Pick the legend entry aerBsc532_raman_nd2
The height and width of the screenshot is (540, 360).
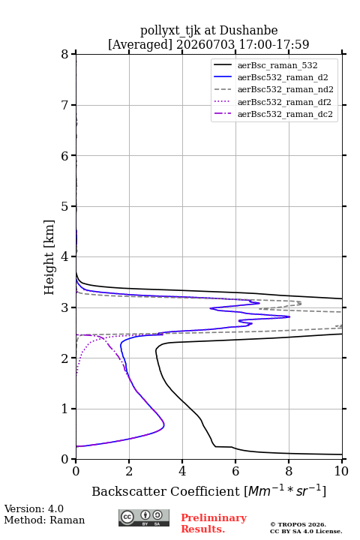coord(274,89)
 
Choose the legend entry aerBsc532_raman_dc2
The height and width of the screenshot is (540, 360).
coord(273,114)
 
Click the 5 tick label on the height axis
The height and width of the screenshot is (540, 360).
coord(64,206)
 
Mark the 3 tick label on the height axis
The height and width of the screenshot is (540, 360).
coord(64,307)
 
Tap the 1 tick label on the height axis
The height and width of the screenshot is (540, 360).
coord(64,409)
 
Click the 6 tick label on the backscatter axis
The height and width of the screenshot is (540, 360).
coord(235,471)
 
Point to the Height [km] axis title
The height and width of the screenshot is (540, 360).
coord(49,257)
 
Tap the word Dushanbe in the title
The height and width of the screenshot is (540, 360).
coord(248,31)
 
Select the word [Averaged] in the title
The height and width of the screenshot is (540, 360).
coord(140,44)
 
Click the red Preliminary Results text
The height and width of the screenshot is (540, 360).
coord(214,523)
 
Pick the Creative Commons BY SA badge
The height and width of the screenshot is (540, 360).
coord(144,517)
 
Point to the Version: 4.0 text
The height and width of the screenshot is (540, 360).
coord(34,508)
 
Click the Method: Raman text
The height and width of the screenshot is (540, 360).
coord(44,520)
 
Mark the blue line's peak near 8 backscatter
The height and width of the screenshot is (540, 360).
coord(289,316)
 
